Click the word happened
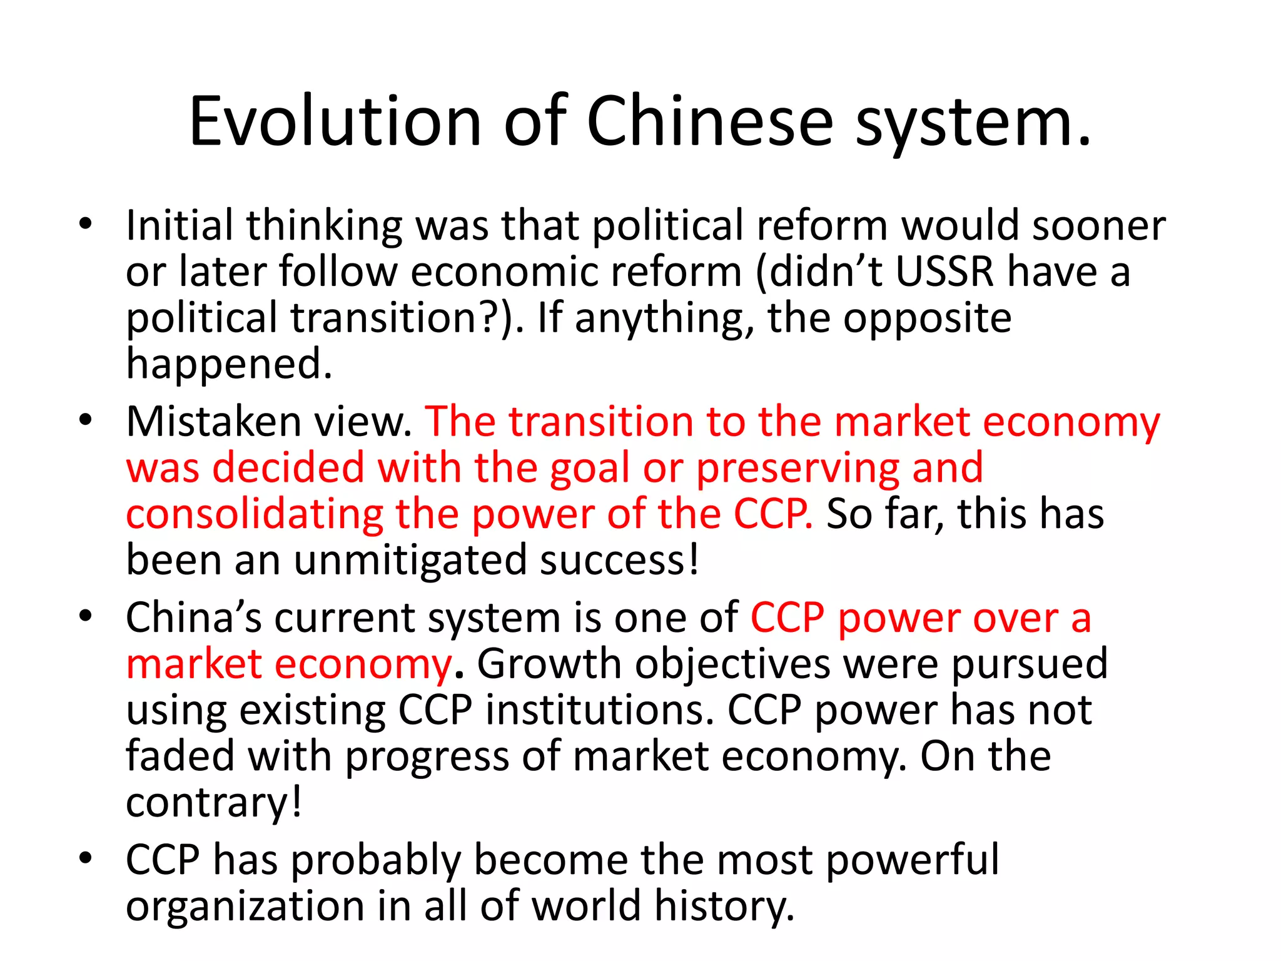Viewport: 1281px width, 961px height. tap(228, 364)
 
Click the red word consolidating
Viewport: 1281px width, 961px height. tap(254, 514)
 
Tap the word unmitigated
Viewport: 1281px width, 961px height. tap(410, 560)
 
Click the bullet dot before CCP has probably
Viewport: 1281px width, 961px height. tap(86, 857)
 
